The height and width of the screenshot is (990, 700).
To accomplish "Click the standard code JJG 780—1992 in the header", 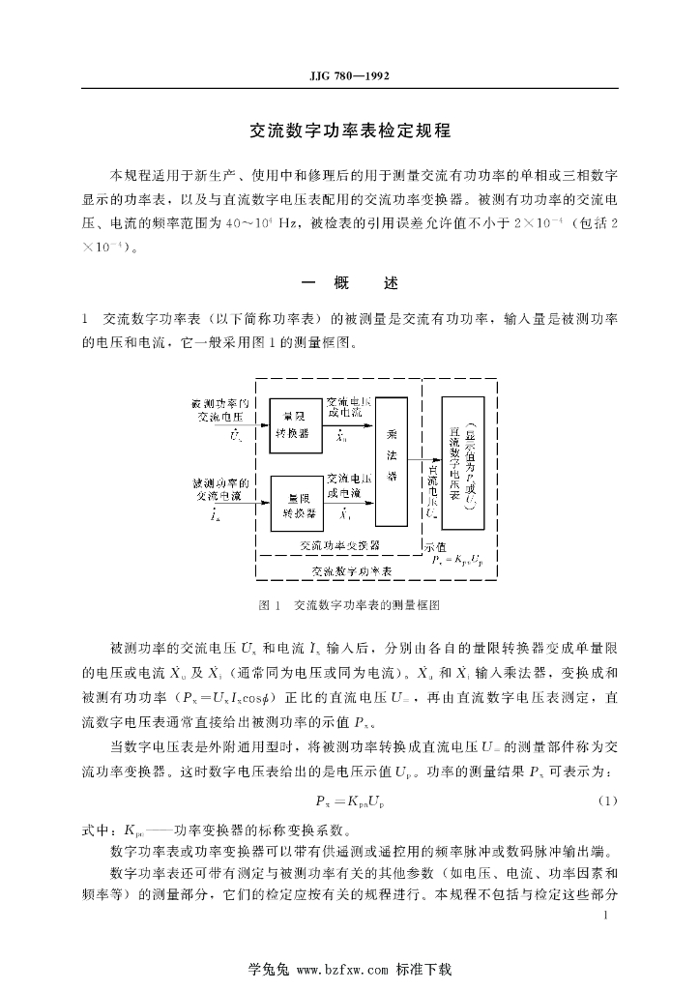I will point(350,75).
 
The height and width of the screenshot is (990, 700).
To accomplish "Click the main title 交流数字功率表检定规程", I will point(350,129).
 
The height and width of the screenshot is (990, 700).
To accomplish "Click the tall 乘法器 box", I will point(391,461).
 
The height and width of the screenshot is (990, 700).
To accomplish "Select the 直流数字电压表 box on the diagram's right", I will point(462,461).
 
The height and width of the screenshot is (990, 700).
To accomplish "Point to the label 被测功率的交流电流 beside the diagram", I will point(221,488).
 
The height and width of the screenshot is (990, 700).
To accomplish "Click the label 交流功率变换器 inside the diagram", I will point(339,545).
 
